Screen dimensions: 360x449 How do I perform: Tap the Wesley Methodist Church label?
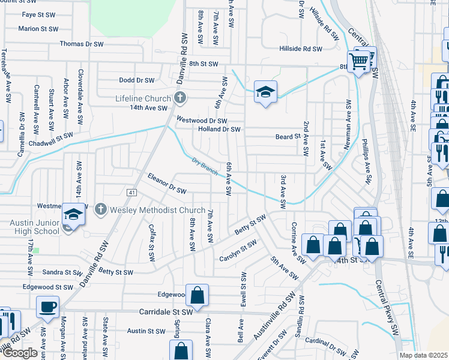tap(158, 210)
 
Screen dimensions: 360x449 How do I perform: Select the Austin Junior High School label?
tap(35, 227)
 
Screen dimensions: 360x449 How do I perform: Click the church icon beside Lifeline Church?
tap(178, 98)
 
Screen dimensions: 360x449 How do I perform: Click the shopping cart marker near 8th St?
tap(359, 61)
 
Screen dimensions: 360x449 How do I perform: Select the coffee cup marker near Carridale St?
tap(47, 307)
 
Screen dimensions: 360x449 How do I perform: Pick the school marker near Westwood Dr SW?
tap(265, 92)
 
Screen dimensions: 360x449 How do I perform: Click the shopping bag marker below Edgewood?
tap(197, 295)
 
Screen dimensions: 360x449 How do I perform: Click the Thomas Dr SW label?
tap(82, 44)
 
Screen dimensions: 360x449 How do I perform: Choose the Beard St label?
tap(288, 137)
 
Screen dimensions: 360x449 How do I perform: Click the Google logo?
tap(20, 353)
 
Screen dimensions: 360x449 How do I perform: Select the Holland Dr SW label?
tap(219, 129)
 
